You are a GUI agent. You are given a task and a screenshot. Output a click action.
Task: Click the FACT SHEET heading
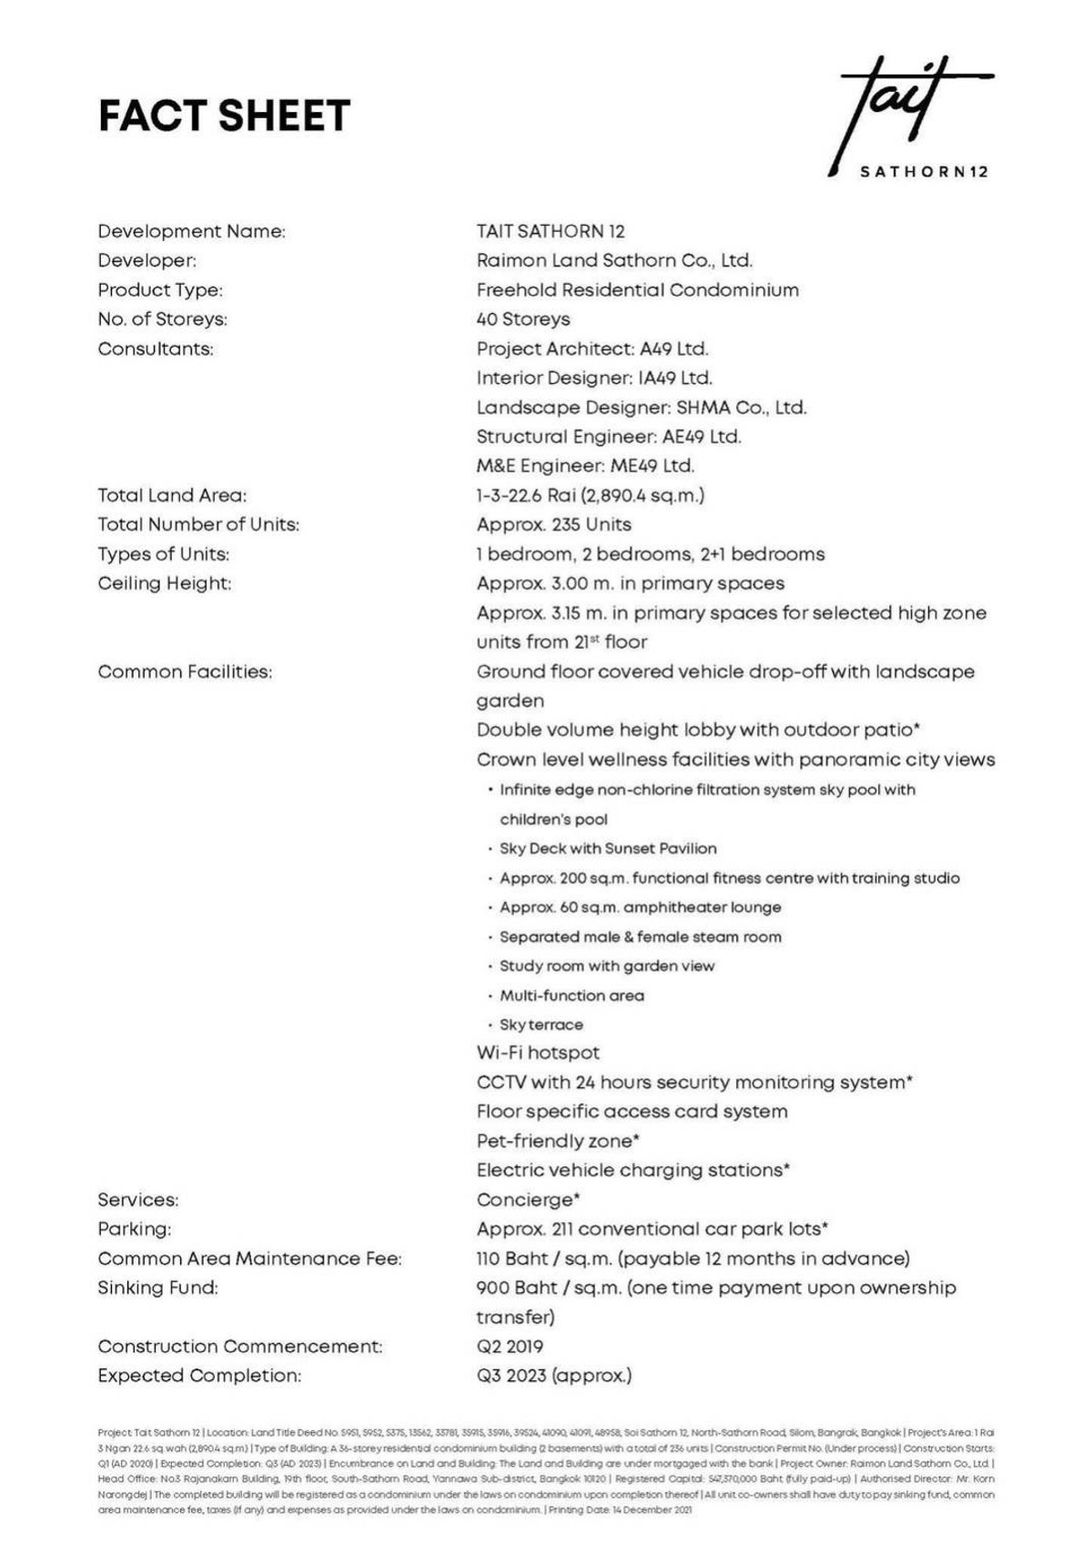(224, 116)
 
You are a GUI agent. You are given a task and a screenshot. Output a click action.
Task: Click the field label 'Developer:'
(147, 261)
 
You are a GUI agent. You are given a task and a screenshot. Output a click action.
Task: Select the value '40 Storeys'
(523, 319)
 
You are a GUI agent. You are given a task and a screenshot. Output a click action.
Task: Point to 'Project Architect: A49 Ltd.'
(592, 348)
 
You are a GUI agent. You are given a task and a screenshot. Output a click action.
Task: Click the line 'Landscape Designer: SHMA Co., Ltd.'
(642, 408)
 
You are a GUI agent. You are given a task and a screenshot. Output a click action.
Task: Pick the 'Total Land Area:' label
(172, 496)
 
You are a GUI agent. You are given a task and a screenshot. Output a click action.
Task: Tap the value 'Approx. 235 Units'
(553, 525)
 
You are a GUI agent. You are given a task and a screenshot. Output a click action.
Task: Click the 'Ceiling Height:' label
(165, 583)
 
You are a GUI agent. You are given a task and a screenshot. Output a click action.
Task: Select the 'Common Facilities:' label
(185, 671)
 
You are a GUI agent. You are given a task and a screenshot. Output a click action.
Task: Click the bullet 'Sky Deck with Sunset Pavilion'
(608, 849)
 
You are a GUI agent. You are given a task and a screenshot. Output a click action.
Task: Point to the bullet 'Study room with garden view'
(607, 966)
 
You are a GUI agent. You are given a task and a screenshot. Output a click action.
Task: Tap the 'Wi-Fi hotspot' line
(538, 1054)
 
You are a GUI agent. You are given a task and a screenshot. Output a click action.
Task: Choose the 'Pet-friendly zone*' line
(558, 1141)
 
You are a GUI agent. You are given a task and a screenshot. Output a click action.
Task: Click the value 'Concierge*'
(529, 1200)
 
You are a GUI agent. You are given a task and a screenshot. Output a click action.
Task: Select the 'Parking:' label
(135, 1229)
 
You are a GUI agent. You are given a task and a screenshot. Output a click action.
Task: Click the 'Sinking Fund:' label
(158, 1288)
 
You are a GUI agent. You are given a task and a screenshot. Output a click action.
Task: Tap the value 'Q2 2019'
(510, 1347)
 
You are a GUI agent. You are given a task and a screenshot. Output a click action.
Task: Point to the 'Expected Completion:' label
(199, 1376)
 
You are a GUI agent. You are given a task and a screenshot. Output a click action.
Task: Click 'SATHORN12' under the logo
(924, 171)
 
